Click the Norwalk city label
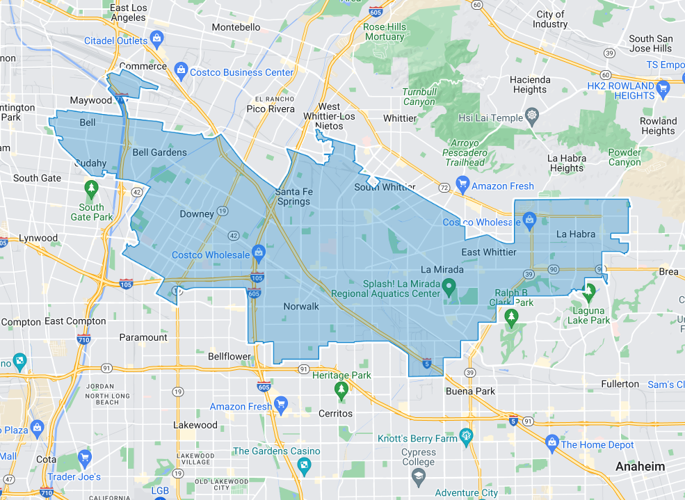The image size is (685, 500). click(300, 306)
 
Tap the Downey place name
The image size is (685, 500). click(196, 214)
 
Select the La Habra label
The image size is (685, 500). click(576, 234)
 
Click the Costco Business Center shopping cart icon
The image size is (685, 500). click(181, 70)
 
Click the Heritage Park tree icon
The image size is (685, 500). click(341, 390)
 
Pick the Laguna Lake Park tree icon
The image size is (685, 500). click(590, 291)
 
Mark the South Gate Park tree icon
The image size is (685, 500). click(91, 188)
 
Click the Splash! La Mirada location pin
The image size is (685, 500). click(449, 285)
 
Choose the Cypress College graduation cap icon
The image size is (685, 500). click(419, 476)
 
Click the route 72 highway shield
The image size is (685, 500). click(443, 188)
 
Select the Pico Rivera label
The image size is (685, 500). click(271, 109)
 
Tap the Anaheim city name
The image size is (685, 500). click(640, 467)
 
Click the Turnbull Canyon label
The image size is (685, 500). click(419, 97)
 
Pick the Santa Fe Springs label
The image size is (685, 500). click(293, 196)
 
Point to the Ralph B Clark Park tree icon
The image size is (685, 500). click(513, 317)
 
